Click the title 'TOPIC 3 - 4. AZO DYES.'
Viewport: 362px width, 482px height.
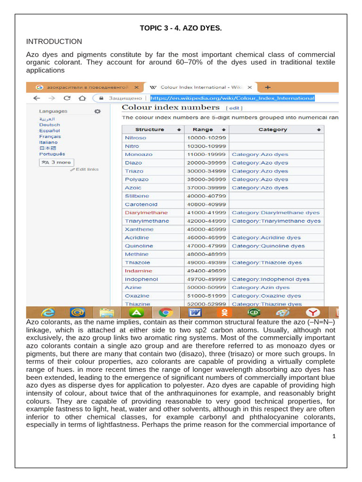click(181, 29)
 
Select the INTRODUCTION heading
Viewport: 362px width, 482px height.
click(54, 41)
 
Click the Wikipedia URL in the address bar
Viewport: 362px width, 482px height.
click(232, 98)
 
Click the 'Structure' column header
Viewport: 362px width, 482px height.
click(149, 129)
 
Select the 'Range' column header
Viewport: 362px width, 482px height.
click(203, 129)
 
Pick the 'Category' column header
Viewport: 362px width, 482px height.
click(272, 129)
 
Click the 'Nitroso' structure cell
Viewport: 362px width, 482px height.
click(136, 138)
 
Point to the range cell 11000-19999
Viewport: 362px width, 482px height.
click(206, 154)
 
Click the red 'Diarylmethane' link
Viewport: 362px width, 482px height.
click(146, 213)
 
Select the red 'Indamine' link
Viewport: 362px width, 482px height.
click(139, 271)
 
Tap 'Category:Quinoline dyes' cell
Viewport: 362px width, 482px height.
click(268, 246)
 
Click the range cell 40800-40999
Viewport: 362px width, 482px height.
click(206, 204)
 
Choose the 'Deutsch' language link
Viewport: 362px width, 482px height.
click(49, 125)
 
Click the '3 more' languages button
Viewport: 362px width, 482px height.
click(56, 162)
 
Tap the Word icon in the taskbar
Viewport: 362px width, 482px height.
click(195, 313)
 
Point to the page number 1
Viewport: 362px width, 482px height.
click(334, 436)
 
